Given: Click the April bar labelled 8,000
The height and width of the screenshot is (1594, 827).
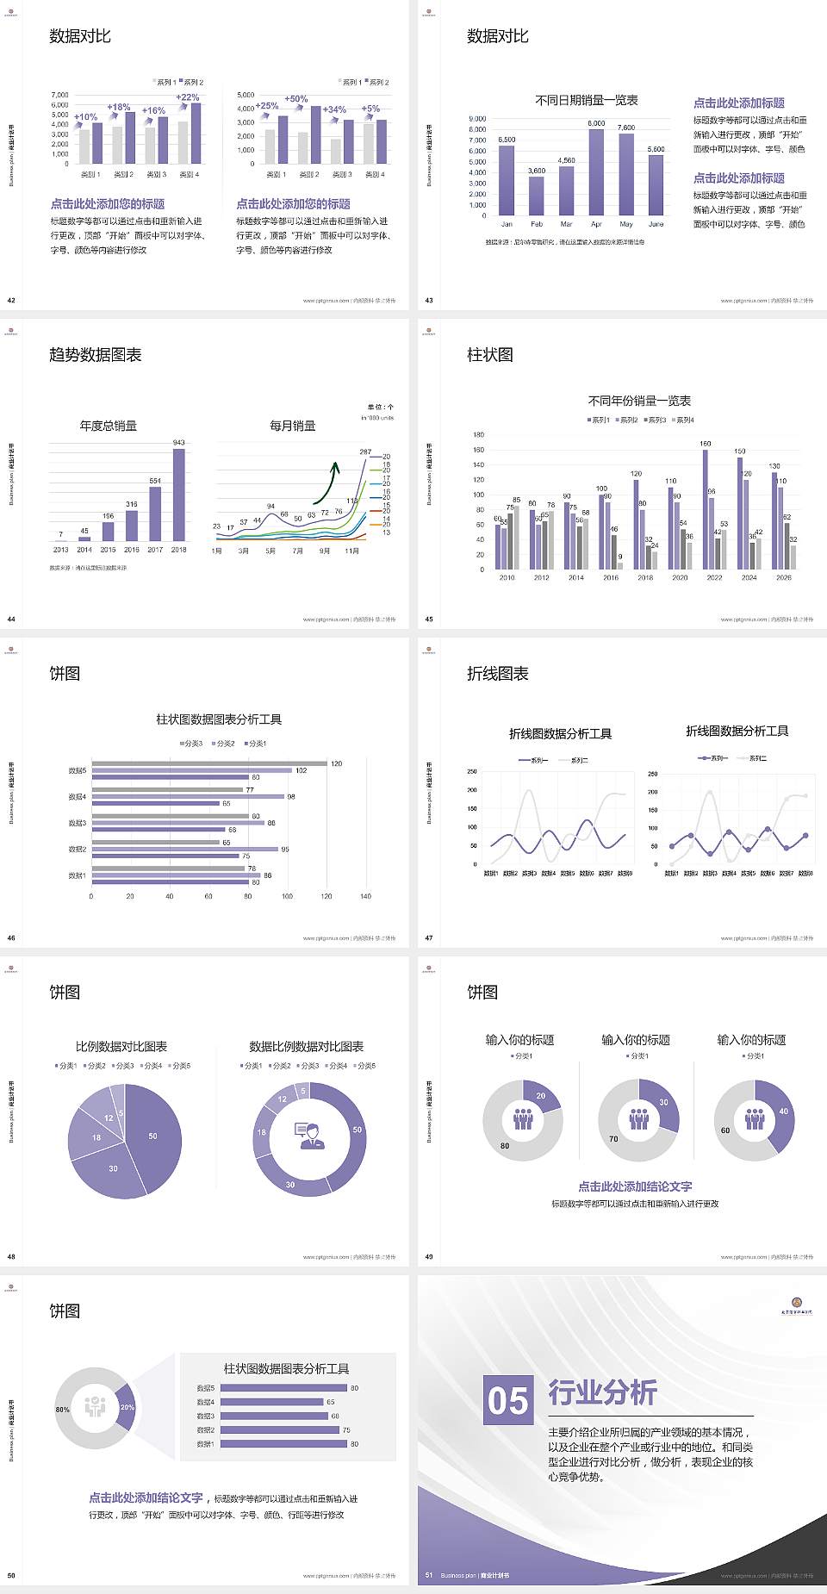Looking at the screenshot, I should click(x=596, y=172).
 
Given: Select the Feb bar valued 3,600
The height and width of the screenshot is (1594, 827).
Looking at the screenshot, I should click(x=537, y=196).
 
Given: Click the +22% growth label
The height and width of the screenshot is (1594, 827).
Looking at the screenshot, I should click(x=188, y=97).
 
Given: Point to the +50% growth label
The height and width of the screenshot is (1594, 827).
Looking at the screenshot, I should click(x=295, y=99).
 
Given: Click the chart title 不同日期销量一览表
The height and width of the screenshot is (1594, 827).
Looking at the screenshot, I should click(x=586, y=101).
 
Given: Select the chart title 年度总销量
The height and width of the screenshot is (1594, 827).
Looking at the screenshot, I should click(x=108, y=426).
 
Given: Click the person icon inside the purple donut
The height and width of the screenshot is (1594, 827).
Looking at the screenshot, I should click(x=309, y=1135).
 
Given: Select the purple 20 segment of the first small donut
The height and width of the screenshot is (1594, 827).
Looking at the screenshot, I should click(x=540, y=1096).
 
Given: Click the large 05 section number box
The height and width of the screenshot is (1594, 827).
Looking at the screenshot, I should click(x=507, y=1400).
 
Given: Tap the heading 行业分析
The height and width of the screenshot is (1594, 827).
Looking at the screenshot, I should click(x=602, y=1392).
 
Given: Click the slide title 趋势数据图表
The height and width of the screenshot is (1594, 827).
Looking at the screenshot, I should click(x=95, y=355).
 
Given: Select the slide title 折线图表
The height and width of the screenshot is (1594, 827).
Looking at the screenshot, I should click(x=497, y=674).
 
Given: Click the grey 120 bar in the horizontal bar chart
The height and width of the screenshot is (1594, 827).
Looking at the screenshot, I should click(x=209, y=763).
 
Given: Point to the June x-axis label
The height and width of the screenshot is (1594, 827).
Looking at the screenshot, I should click(x=656, y=224).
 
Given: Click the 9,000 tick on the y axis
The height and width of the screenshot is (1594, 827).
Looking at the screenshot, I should click(x=477, y=119).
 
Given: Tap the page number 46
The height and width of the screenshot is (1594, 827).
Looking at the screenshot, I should click(x=11, y=937).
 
